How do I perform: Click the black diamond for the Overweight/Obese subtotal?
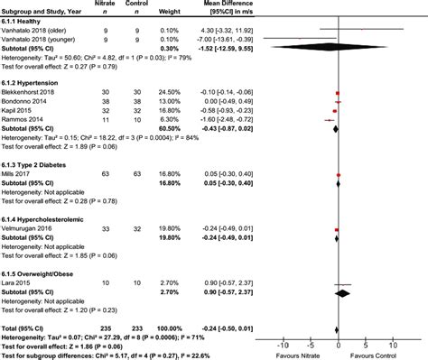point(343,292)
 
